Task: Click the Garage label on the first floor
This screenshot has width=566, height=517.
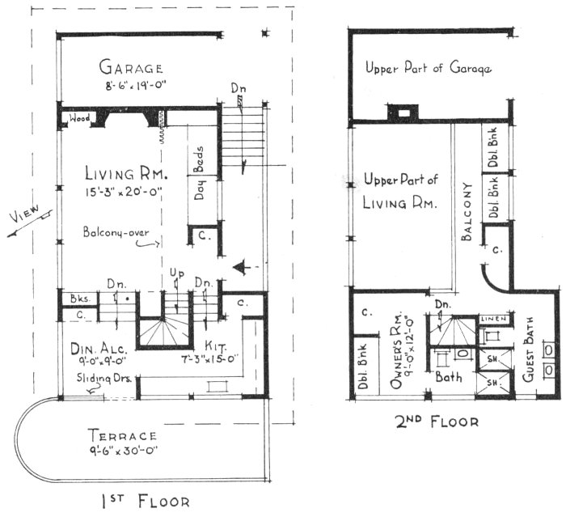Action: [x=131, y=67]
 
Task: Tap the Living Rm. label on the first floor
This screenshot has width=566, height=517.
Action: [x=126, y=175]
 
